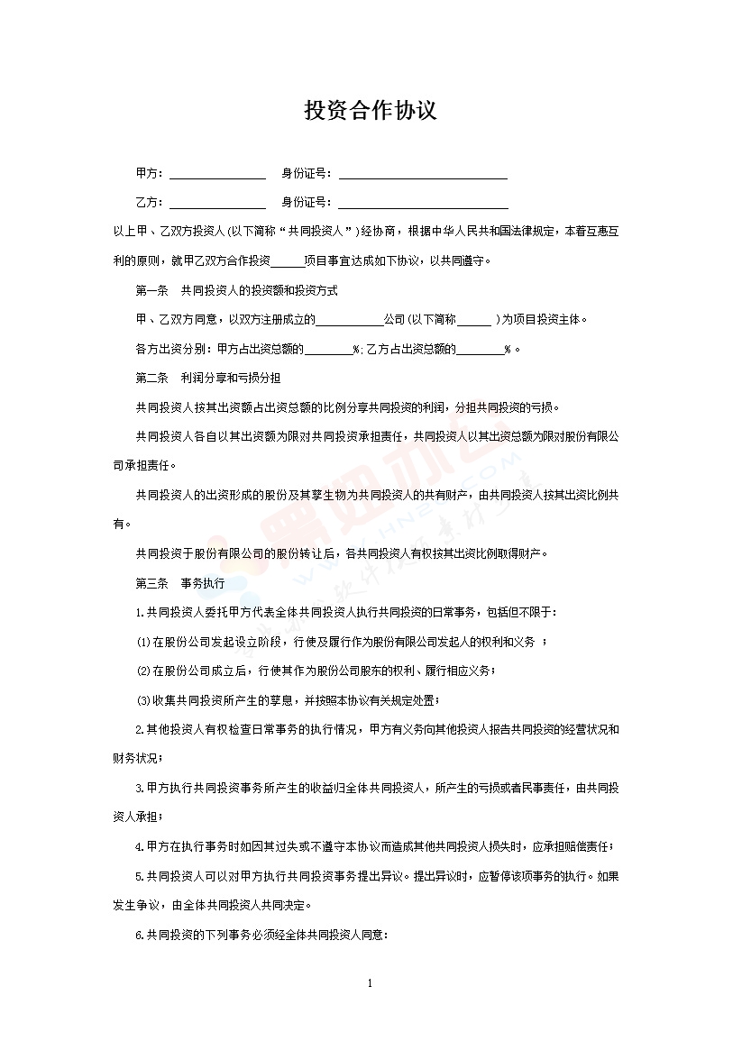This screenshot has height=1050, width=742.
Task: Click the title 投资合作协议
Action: pyautogui.click(x=371, y=111)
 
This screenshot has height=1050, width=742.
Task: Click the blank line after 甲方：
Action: pyautogui.click(x=217, y=176)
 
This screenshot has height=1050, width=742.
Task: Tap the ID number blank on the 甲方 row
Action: pyautogui.click(x=422, y=176)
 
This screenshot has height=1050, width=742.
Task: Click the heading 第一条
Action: pyautogui.click(x=151, y=290)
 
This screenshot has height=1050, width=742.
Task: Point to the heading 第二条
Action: pyautogui.click(x=151, y=377)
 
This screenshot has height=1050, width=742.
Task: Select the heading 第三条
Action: pyautogui.click(x=151, y=583)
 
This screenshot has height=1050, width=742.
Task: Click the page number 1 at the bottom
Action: pyautogui.click(x=371, y=982)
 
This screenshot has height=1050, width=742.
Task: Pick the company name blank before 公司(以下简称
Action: pyautogui.click(x=350, y=321)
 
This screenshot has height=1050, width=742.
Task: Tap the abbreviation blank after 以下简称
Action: pyautogui.click(x=474, y=321)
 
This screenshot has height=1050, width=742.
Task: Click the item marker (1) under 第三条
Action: pyautogui.click(x=142, y=642)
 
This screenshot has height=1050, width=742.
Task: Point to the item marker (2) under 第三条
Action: pyautogui.click(x=142, y=671)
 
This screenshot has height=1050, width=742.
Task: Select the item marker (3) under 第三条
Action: pyautogui.click(x=142, y=700)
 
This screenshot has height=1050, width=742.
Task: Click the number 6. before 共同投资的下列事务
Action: pyautogui.click(x=140, y=935)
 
